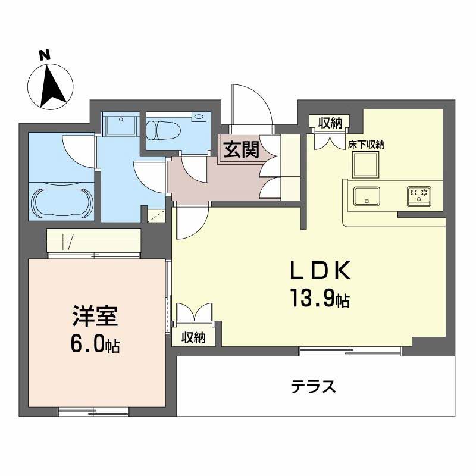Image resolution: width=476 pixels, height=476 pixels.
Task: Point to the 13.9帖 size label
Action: [320, 297]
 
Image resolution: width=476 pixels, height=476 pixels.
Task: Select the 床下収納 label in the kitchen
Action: [367, 145]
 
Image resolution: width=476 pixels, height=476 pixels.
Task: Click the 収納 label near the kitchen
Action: [329, 123]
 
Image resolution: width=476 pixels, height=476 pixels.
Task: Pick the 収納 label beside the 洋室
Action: [194, 338]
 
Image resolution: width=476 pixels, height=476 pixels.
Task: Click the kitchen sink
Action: [367, 196]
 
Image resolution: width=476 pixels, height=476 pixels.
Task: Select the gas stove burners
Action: [419, 195]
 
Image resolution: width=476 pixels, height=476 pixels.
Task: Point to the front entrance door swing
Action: [250, 106]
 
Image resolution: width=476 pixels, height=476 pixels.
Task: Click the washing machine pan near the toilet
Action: [121, 126]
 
